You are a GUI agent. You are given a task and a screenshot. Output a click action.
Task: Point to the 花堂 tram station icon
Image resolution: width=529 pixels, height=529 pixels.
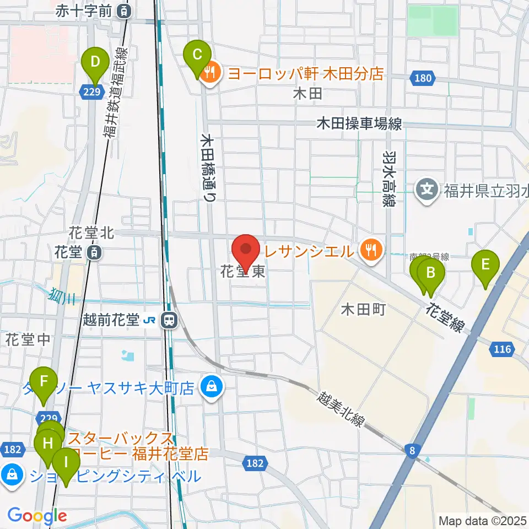pos(94,253)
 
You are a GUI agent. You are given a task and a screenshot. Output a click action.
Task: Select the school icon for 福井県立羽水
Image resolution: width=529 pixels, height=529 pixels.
pos(427,190)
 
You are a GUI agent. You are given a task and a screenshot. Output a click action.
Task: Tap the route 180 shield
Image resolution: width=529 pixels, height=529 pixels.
pos(423,79)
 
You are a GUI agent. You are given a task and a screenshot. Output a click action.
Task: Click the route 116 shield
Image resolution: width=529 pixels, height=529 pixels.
pos(503,348)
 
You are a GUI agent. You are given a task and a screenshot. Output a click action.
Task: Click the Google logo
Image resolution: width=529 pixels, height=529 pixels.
pos(37,516)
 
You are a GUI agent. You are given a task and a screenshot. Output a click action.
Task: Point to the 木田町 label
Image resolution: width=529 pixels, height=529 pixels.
pos(363,308)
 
